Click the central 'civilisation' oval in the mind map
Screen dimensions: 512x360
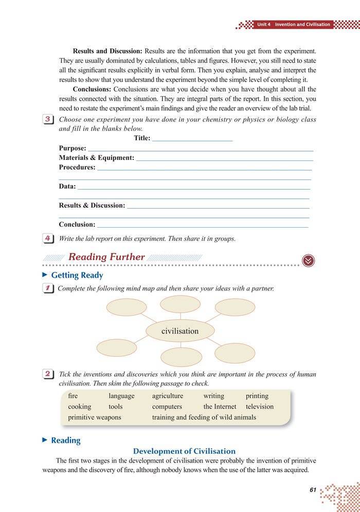tap(179, 331)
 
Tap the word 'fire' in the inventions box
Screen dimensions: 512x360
tap(73, 396)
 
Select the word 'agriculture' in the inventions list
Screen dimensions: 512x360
tap(167, 396)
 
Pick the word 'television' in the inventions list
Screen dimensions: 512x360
tap(260, 407)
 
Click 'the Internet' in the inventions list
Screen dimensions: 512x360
tap(220, 407)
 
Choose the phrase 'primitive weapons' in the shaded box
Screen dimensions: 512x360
tap(95, 417)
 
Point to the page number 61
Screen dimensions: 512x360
tap(313, 490)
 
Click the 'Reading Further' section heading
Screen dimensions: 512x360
tap(106, 257)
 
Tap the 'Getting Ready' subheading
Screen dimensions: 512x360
tap(77, 276)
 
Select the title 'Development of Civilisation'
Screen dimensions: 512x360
tap(184, 451)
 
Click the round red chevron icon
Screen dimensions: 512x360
tap(309, 261)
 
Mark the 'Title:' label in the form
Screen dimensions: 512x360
tap(142, 138)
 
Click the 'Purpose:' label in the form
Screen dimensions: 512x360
tap(73, 148)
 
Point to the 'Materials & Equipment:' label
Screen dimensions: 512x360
tap(96, 158)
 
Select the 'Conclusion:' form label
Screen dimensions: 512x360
tap(77, 225)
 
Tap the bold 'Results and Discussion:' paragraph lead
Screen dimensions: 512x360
tap(107, 52)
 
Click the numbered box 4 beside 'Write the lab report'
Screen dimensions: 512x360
tap(47, 239)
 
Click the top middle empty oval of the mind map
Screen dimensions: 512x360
tap(180, 304)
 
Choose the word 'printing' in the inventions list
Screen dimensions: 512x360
tap(257, 396)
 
